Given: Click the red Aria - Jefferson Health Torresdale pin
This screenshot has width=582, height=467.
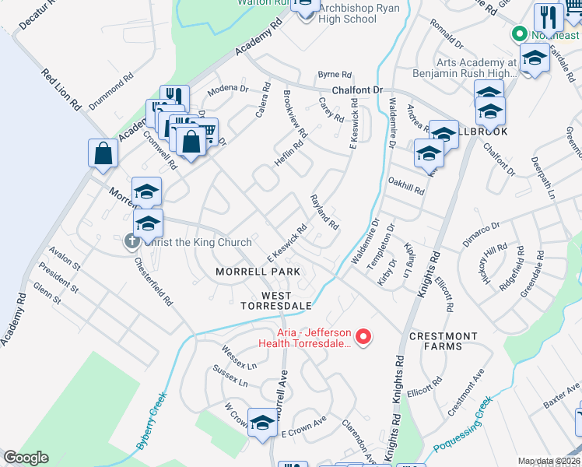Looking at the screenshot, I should coord(363,337).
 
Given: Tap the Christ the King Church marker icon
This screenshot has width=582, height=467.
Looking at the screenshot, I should coord(131,242).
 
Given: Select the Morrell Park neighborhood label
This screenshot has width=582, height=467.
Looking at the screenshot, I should coord(258,272).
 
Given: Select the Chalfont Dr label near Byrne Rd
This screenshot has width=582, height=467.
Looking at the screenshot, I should coord(358,90).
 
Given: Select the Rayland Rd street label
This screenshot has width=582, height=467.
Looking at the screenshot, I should coord(324,212).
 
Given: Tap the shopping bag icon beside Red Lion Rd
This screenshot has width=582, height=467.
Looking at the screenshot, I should coord(103,153).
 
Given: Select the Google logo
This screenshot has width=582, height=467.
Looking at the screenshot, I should coord(25,458).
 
